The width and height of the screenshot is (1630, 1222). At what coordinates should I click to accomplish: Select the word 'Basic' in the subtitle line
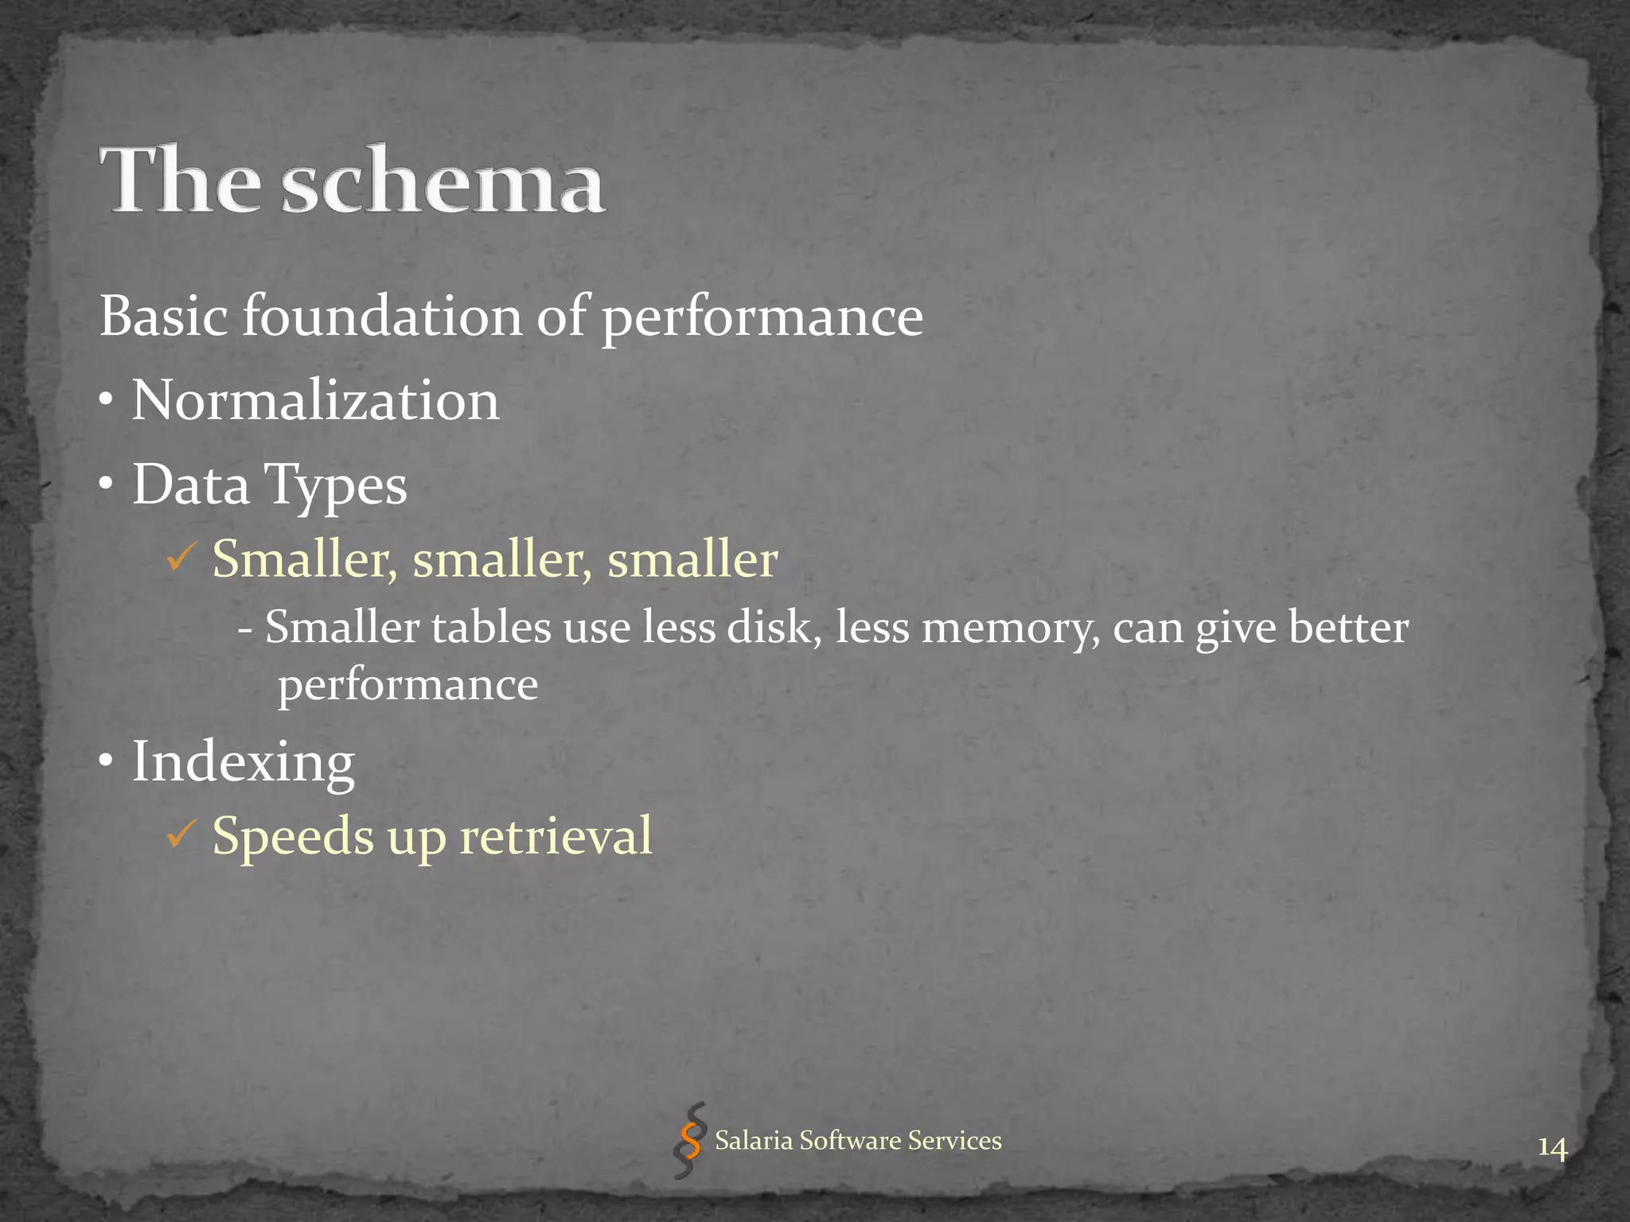click(164, 316)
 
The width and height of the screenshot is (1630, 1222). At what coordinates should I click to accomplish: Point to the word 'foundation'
click(381, 316)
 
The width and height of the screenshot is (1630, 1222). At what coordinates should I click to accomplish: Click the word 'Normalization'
click(315, 399)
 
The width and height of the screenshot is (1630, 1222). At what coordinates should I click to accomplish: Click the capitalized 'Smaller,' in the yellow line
click(304, 558)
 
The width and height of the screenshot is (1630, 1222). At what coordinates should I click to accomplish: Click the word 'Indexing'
click(243, 762)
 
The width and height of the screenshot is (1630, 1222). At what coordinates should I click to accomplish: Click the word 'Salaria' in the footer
click(754, 1140)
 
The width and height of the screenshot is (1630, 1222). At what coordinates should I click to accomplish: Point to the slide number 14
click(1551, 1149)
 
